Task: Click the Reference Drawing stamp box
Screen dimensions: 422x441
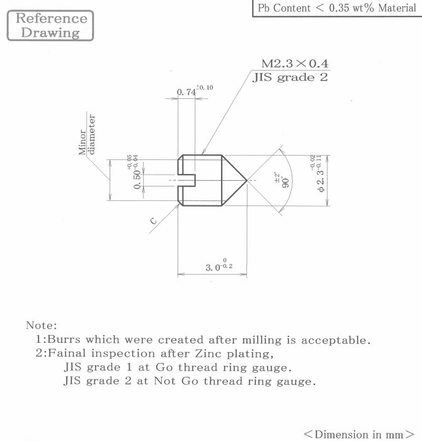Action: (x=50, y=26)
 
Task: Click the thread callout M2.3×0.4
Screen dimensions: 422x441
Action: (x=295, y=64)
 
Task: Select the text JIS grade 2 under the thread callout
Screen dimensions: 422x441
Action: (x=290, y=77)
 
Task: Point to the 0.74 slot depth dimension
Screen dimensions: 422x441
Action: (x=186, y=92)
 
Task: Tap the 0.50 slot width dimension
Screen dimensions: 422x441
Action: (x=137, y=180)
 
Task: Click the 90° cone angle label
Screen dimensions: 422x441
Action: (x=285, y=183)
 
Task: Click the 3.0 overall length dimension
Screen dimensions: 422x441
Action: (x=213, y=268)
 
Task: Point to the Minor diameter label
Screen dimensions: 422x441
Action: (x=87, y=134)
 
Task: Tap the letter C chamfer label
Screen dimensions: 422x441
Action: (x=153, y=220)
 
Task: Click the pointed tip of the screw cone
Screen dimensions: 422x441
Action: (x=246, y=180)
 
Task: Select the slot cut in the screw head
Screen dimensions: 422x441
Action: (x=186, y=180)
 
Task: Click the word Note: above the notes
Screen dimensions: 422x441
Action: (x=42, y=326)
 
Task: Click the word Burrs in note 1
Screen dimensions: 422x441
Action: (x=64, y=340)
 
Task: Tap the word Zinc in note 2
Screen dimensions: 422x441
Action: (x=208, y=353)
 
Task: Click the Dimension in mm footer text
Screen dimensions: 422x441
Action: (x=359, y=434)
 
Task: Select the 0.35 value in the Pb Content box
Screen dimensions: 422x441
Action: (x=339, y=8)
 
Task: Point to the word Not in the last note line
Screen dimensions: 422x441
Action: (x=164, y=381)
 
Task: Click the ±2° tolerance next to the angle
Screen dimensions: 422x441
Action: (x=277, y=177)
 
